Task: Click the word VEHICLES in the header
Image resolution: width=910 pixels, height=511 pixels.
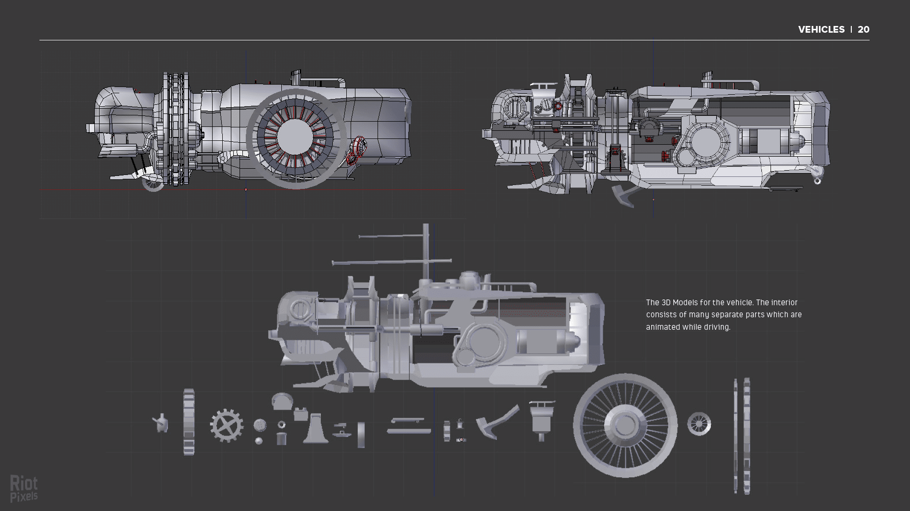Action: [821, 29]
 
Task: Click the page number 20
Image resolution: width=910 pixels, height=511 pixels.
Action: [863, 29]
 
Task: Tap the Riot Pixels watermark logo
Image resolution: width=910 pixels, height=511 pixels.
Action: [24, 488]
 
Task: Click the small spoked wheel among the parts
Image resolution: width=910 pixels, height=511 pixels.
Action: [699, 424]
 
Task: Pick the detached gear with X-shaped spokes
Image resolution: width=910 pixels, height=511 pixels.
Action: [227, 425]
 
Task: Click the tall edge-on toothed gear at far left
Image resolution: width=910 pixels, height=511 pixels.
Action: [189, 422]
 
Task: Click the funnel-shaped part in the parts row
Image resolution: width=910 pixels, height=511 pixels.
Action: [542, 418]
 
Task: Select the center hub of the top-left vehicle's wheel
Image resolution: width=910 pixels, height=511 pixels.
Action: [295, 138]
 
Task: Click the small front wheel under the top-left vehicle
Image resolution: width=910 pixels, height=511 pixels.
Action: [153, 183]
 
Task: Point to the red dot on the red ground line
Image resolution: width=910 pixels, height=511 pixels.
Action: [246, 189]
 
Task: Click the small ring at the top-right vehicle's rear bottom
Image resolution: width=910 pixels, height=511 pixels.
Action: [817, 181]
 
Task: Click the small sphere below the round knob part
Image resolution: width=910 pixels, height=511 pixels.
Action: [259, 441]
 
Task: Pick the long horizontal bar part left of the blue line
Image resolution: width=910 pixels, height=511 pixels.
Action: [409, 431]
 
